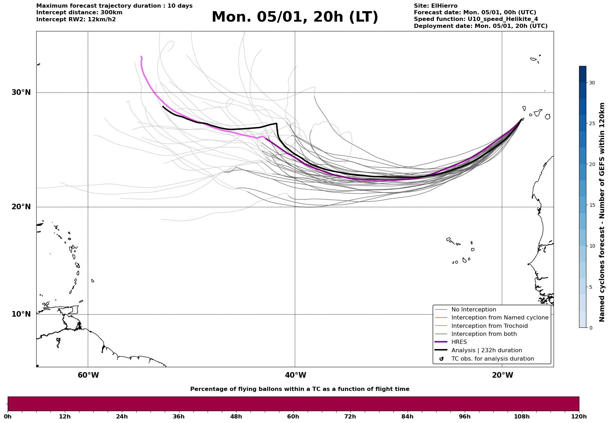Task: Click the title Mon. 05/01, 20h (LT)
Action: (x=295, y=17)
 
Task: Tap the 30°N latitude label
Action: (x=21, y=92)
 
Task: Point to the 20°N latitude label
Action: (x=21, y=207)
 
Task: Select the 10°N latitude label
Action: (x=21, y=314)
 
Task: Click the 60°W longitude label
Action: (x=88, y=375)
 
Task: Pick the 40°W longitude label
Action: (x=295, y=375)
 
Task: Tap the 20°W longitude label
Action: (x=502, y=375)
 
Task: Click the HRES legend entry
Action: (x=459, y=342)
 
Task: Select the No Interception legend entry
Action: (x=473, y=310)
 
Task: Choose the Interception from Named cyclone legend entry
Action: (x=500, y=318)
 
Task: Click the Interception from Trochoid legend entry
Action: (x=489, y=326)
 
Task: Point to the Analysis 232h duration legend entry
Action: (x=486, y=350)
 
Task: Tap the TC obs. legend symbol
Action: (x=441, y=359)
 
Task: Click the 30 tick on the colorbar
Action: (x=592, y=83)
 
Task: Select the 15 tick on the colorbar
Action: (x=592, y=205)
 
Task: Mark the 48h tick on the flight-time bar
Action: (x=236, y=416)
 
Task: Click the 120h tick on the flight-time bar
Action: (x=579, y=416)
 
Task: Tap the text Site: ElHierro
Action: (x=435, y=6)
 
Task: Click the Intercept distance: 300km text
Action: (x=79, y=13)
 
